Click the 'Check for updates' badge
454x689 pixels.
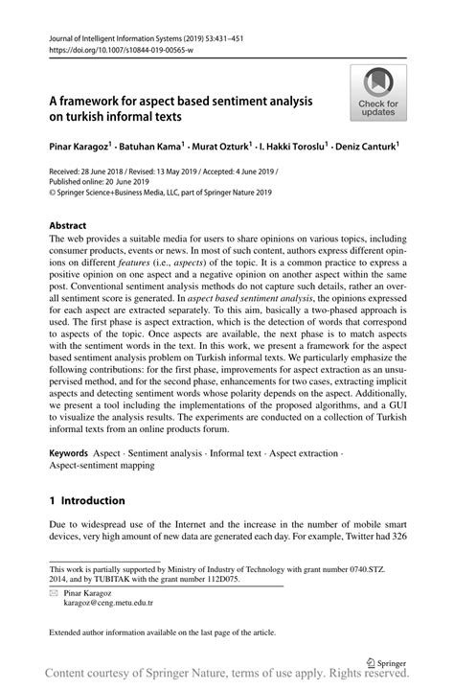click(x=378, y=93)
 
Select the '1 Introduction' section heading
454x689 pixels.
click(x=87, y=499)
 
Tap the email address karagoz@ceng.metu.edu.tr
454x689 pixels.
click(x=108, y=605)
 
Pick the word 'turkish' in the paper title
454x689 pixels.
click(x=90, y=117)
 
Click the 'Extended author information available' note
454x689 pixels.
click(x=162, y=633)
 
